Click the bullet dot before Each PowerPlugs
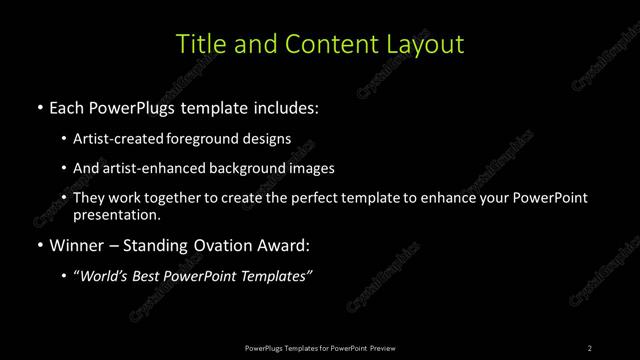[39, 106]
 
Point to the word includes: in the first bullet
[287, 106]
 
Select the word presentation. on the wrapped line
[116, 214]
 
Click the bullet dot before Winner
[39, 244]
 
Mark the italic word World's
[107, 276]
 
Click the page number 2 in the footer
[590, 348]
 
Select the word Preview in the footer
[382, 348]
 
